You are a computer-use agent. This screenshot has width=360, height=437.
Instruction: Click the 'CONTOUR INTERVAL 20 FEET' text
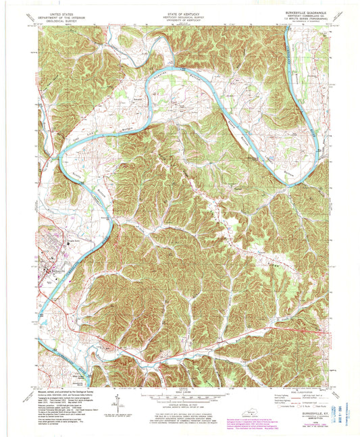180,403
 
